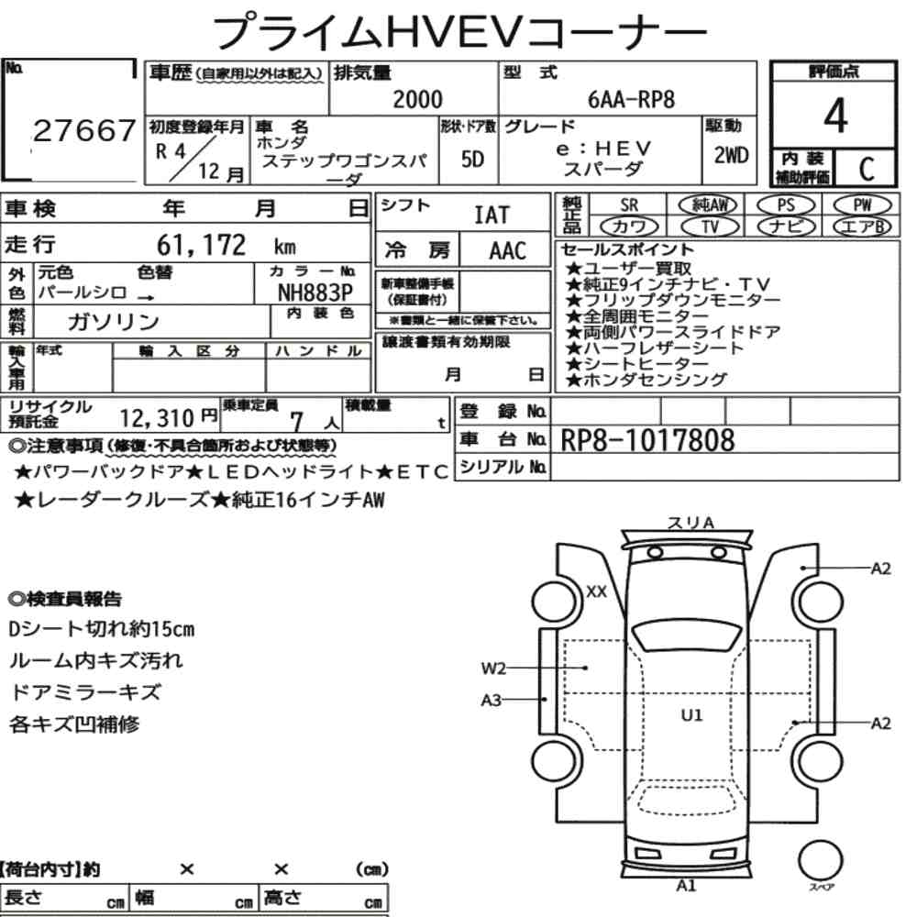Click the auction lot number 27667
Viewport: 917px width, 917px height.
coord(84,130)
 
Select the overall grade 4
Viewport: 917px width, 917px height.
coord(835,116)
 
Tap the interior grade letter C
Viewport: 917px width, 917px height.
coord(867,169)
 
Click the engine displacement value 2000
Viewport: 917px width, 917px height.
coord(417,99)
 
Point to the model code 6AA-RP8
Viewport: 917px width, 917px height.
coord(631,99)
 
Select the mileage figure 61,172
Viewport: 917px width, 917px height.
coord(201,245)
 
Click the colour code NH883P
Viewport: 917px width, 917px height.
coord(315,292)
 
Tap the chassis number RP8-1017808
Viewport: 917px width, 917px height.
coord(647,440)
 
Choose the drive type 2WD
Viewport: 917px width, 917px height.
coord(731,156)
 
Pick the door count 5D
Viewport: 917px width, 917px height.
coord(472,159)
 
